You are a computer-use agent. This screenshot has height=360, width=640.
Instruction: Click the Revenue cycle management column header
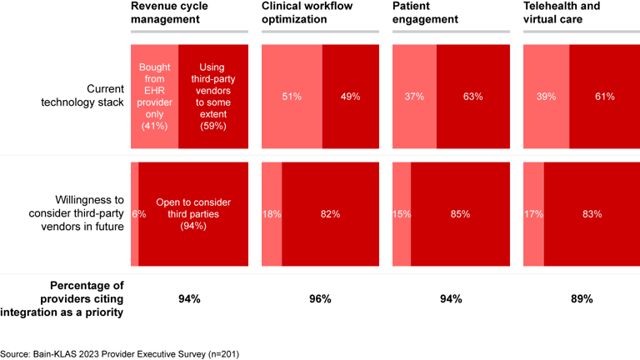[169, 12]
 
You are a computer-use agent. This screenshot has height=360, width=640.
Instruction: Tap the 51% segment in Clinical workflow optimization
[292, 97]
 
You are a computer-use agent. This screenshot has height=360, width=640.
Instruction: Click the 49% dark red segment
[350, 97]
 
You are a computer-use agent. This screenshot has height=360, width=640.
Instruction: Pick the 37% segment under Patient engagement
[414, 97]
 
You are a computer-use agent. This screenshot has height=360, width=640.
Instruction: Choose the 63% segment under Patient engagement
[472, 97]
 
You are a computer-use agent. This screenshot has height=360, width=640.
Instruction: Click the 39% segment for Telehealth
[546, 97]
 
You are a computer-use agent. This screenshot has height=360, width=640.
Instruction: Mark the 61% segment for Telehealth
[604, 97]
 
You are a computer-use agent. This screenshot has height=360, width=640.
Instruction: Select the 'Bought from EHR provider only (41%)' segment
[154, 97]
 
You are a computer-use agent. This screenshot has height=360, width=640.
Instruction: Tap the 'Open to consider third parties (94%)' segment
[193, 214]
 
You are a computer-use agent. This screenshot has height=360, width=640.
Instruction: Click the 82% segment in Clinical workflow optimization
[330, 214]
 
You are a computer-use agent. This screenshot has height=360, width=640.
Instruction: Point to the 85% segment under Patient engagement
[460, 214]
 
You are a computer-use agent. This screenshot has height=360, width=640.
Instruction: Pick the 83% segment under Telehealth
[592, 214]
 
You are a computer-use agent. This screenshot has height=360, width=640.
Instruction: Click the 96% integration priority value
[320, 298]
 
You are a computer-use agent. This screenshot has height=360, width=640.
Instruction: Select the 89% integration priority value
[582, 298]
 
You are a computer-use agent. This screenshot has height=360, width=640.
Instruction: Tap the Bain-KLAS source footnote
[120, 353]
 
